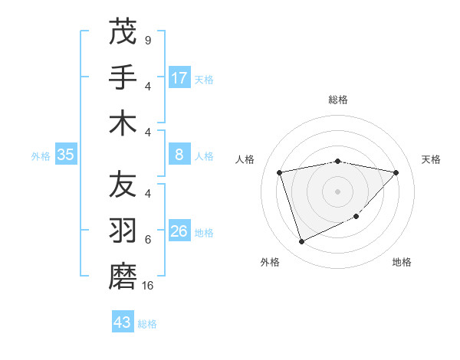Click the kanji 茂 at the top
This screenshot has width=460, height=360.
[x=123, y=32]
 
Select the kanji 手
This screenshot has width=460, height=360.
[x=123, y=77]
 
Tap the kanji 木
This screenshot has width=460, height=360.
[x=123, y=123]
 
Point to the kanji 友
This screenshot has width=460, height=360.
[x=123, y=185]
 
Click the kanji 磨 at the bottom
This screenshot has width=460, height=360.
[x=123, y=277]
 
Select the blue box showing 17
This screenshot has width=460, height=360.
[x=179, y=77]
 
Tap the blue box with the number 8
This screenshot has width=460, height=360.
[x=179, y=155]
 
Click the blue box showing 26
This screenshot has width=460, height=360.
[x=179, y=231]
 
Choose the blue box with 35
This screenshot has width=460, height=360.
[x=66, y=155]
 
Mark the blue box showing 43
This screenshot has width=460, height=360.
[x=123, y=322]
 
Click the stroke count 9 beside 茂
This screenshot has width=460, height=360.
[x=147, y=40]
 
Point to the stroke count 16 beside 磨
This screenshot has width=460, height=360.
[x=149, y=286]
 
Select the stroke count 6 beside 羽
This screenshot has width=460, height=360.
[x=147, y=240]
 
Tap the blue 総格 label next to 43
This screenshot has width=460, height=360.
[x=147, y=324]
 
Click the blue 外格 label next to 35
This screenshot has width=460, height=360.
[x=41, y=155]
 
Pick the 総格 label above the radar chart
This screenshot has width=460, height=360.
[x=337, y=100]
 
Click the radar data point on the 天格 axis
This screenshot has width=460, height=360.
[x=396, y=172]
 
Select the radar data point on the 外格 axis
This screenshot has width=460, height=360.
[x=301, y=242]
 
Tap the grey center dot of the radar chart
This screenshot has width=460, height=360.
[x=337, y=191]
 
